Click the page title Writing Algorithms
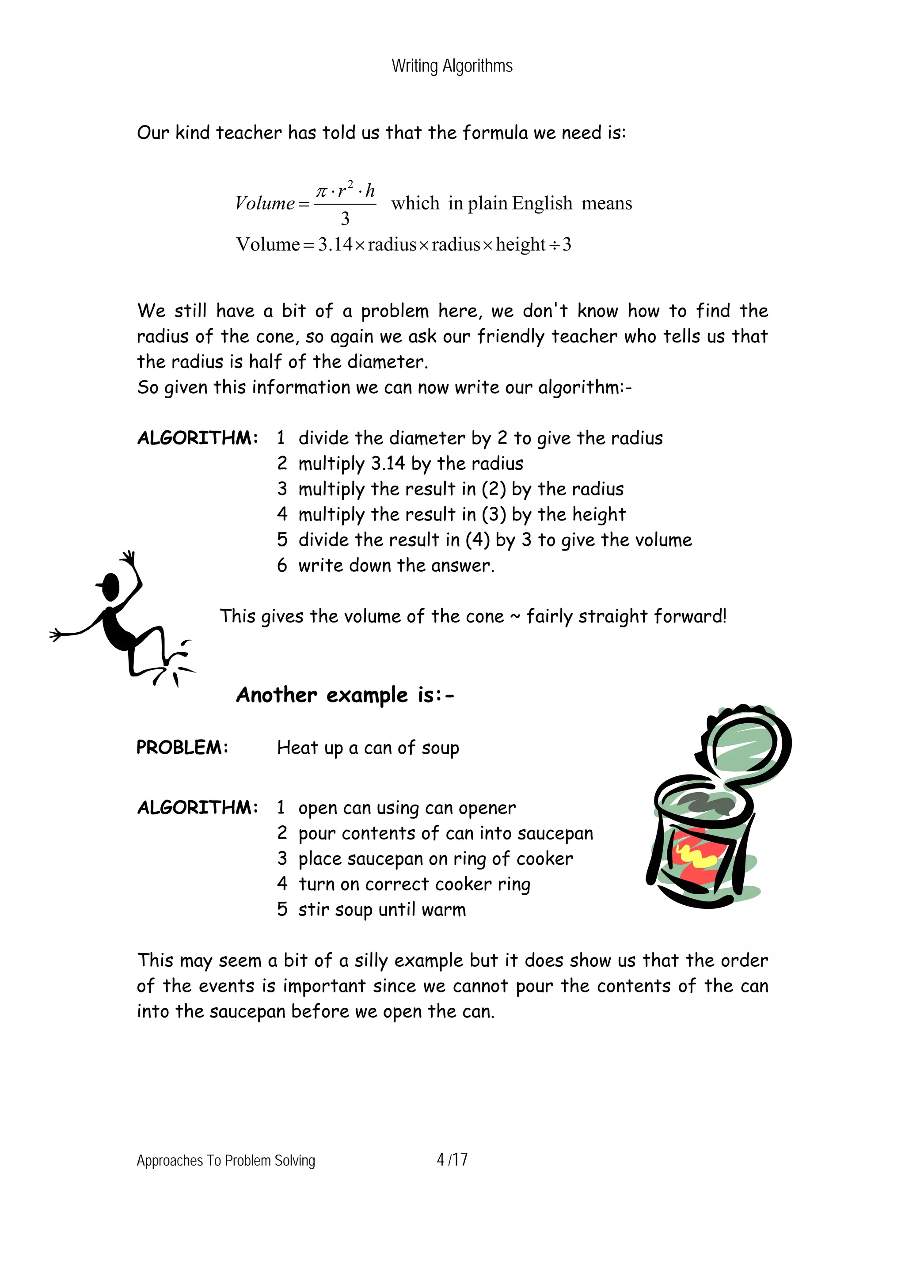point(452,66)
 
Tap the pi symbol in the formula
point(322,191)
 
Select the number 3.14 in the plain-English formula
point(335,244)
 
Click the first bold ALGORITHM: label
point(198,437)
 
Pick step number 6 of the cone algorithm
point(282,565)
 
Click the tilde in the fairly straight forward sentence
point(515,616)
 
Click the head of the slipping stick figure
point(111,585)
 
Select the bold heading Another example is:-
point(345,695)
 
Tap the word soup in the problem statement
point(440,748)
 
